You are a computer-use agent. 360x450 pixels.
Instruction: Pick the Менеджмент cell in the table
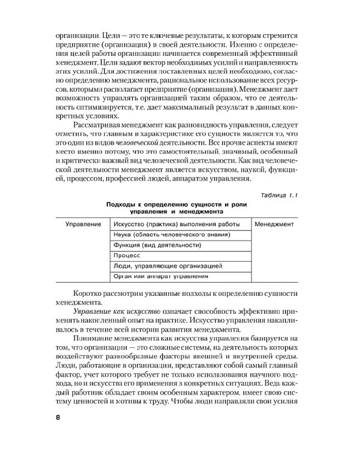pos(274,224)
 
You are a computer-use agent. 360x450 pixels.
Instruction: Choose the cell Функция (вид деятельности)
pos(156,245)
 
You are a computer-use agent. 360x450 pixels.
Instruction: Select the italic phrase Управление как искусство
pos(108,313)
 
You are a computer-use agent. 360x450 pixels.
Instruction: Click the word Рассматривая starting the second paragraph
pos(98,124)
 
